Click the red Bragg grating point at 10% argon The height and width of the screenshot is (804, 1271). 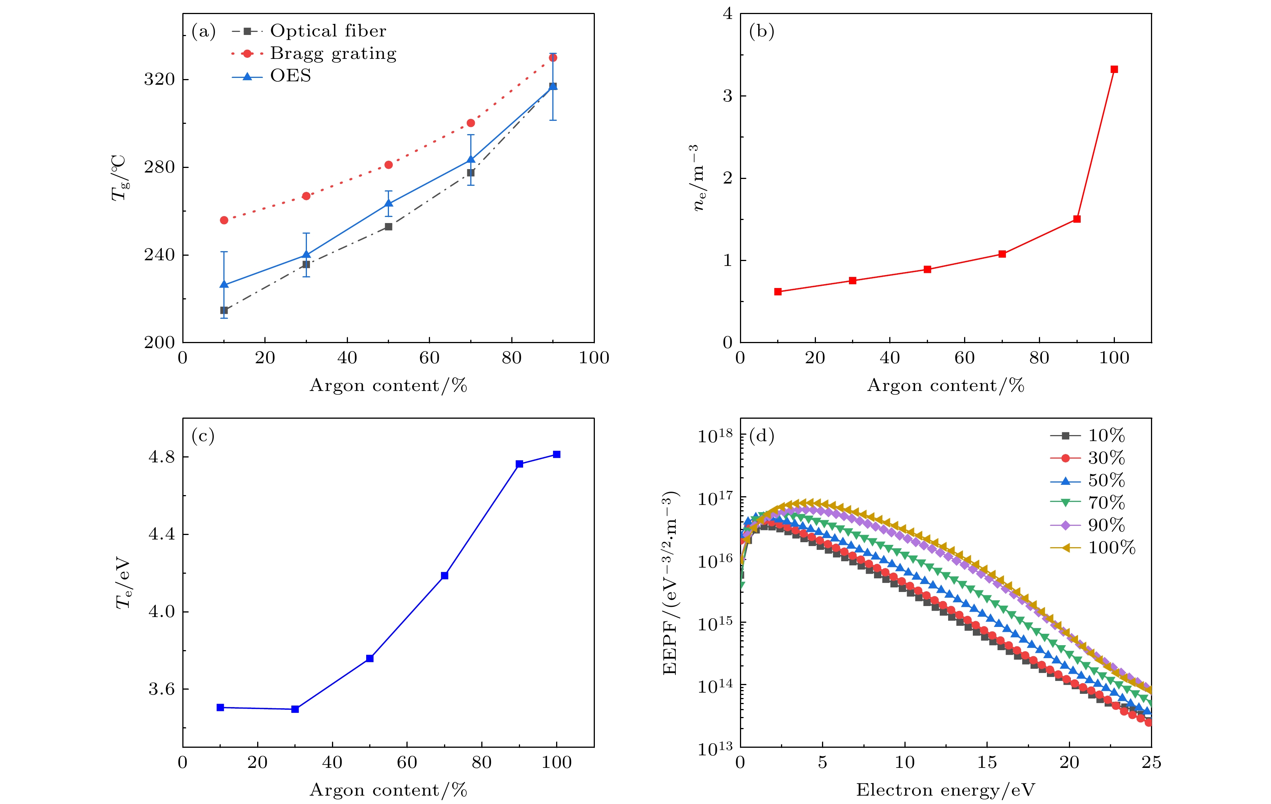[224, 220]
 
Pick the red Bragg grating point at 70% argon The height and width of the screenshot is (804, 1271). [471, 123]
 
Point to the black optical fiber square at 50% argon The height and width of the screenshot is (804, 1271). [389, 226]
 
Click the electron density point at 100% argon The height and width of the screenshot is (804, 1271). [1114, 69]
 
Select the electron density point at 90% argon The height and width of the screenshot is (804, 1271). [1077, 219]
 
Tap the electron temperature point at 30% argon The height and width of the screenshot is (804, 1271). [295, 709]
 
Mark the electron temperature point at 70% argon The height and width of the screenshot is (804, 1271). [444, 575]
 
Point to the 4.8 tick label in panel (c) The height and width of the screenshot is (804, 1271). [161, 457]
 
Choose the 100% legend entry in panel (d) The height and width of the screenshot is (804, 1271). [1111, 548]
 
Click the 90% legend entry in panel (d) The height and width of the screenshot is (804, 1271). [1106, 525]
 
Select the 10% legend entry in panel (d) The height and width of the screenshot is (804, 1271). [1106, 435]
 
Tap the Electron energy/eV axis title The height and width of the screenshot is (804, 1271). [945, 790]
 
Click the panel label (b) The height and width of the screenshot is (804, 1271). [762, 32]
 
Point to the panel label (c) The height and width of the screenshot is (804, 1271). [203, 436]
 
